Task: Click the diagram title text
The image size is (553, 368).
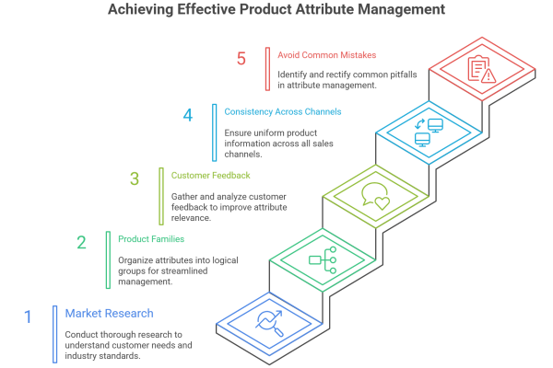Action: (277, 9)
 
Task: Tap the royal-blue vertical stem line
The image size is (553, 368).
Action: (58, 336)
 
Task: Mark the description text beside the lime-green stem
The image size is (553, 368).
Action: (235, 207)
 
